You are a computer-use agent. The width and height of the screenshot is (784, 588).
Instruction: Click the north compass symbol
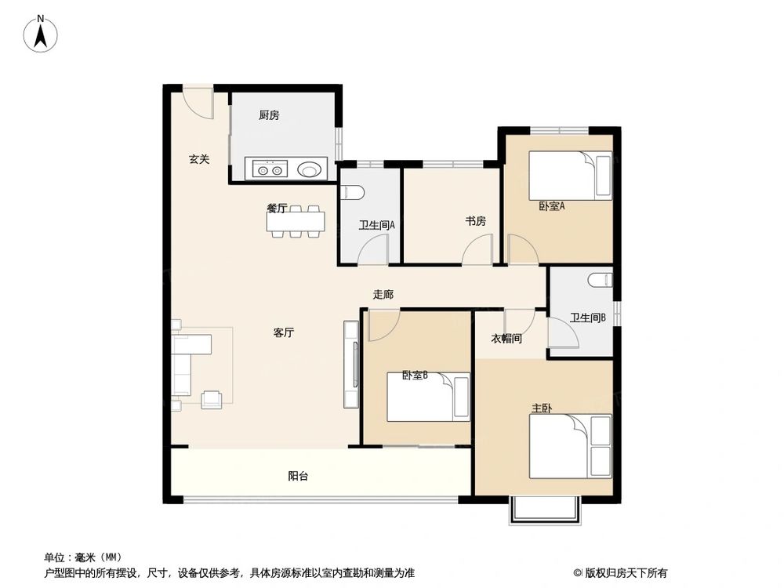pyautogui.click(x=42, y=33)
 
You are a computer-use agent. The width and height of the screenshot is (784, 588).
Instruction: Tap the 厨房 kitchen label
pyautogui.click(x=269, y=115)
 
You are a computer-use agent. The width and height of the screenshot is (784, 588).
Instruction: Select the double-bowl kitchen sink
pyautogui.click(x=268, y=169)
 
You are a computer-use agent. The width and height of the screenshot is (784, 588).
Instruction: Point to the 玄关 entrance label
pyautogui.click(x=199, y=159)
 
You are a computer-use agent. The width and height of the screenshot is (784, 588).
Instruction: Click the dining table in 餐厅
pyautogui.click(x=296, y=223)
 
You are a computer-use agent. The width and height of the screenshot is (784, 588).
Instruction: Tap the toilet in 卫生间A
pyautogui.click(x=350, y=192)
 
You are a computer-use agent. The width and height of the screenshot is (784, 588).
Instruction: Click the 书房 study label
pyautogui.click(x=475, y=221)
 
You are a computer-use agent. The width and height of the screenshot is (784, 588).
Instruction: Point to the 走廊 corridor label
pyautogui.click(x=383, y=295)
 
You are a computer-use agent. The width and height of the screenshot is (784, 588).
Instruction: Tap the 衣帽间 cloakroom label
pyautogui.click(x=506, y=339)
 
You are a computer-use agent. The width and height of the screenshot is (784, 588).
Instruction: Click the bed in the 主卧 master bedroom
pyautogui.click(x=570, y=445)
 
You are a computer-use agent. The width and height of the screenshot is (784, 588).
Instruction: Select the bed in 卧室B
pyautogui.click(x=428, y=396)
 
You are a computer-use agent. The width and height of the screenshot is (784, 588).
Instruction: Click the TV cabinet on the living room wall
pyautogui.click(x=350, y=365)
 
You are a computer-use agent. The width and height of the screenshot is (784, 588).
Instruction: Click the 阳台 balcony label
pyautogui.click(x=297, y=476)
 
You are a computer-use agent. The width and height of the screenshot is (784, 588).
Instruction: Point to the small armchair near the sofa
pyautogui.click(x=212, y=400)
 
